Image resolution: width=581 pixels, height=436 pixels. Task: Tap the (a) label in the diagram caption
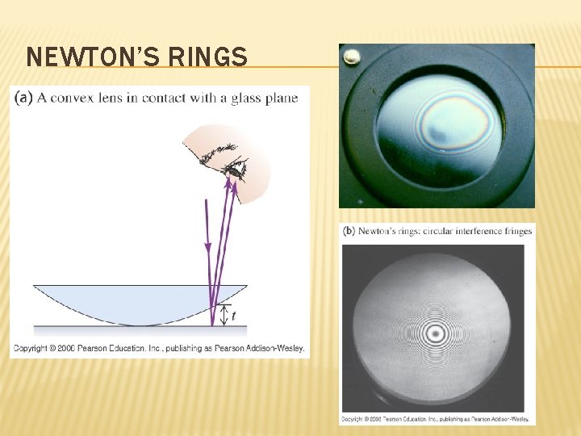[23, 99]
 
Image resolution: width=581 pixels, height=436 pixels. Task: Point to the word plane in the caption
[282, 99]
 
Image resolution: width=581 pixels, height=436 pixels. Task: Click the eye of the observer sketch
[235, 170]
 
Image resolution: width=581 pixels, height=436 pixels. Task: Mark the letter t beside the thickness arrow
[233, 317]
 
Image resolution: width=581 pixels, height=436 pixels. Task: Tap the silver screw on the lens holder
[351, 57]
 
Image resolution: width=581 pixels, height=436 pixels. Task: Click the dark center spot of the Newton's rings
[437, 331]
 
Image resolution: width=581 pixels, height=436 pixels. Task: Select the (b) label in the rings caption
[349, 231]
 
